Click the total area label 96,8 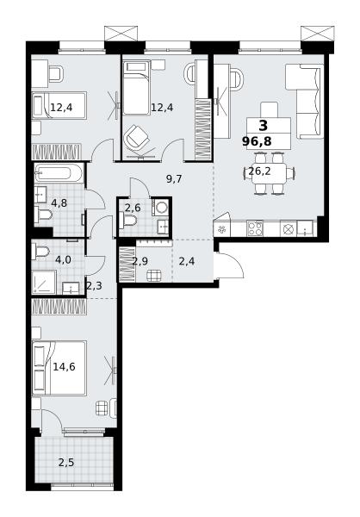coord(257,141)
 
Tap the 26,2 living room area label coord(259,171)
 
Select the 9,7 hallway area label coord(174,179)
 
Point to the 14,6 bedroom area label coord(64,366)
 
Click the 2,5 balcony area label coord(66,463)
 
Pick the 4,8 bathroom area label coord(59,202)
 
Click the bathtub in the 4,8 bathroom coord(59,173)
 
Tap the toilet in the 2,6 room coord(128,220)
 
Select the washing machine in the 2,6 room coord(160,208)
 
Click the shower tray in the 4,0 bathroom coord(45,283)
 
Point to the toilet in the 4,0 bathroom coord(40,252)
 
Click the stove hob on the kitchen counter coord(255,228)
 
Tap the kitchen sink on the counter coord(305,228)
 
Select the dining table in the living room coord(269,173)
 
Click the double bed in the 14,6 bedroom coord(59,368)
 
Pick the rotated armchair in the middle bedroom coord(136,136)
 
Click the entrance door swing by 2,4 coord(230,265)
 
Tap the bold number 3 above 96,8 coord(263,126)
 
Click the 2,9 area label coord(140,261)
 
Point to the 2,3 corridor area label coord(94,285)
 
